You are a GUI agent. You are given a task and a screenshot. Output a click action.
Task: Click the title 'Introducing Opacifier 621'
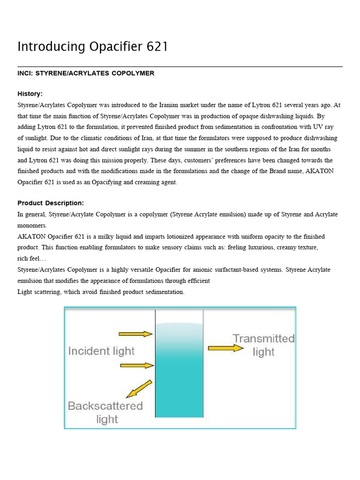pos(92,47)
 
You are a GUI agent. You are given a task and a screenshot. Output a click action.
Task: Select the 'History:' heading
pos(30,94)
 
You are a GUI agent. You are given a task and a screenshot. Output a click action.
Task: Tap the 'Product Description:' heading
pos(51,203)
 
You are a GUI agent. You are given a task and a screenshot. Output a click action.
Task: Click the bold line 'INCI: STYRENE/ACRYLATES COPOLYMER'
pos(86,73)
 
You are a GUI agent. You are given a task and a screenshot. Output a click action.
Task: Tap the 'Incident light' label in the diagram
pos(101,351)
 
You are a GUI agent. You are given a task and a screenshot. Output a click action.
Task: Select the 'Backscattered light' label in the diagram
pos(105,412)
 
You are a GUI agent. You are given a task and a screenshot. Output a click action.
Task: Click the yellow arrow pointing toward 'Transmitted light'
pos(225,348)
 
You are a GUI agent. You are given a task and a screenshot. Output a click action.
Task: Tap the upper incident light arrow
pos(135,334)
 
